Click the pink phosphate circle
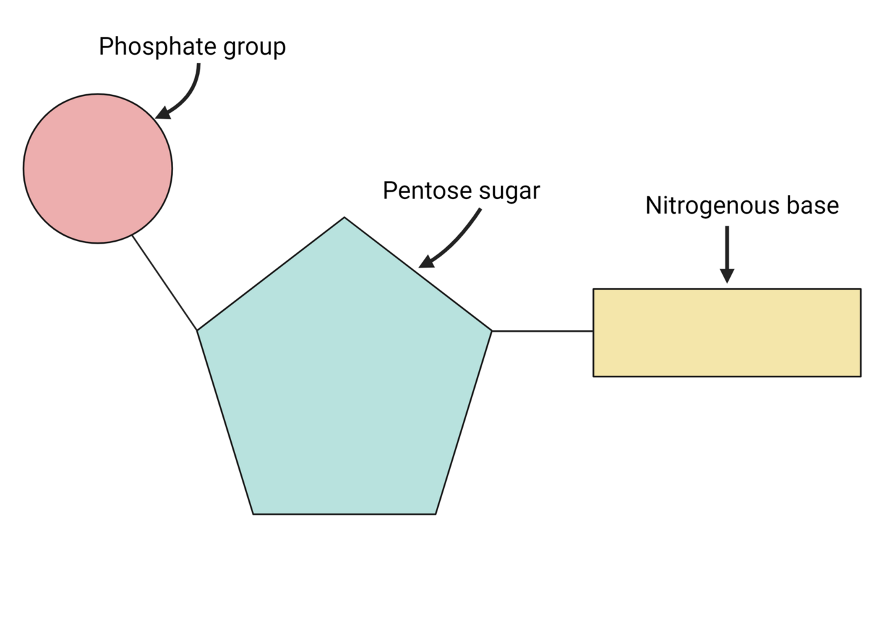[x=98, y=168]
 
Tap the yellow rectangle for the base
[x=727, y=333]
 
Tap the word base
[x=812, y=206]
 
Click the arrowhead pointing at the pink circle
[x=162, y=112]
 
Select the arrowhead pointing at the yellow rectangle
[x=727, y=275]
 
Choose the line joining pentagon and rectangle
[x=542, y=331]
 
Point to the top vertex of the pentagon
[x=344, y=218]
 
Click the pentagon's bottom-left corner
[x=254, y=513]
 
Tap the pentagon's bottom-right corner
[x=435, y=513]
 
